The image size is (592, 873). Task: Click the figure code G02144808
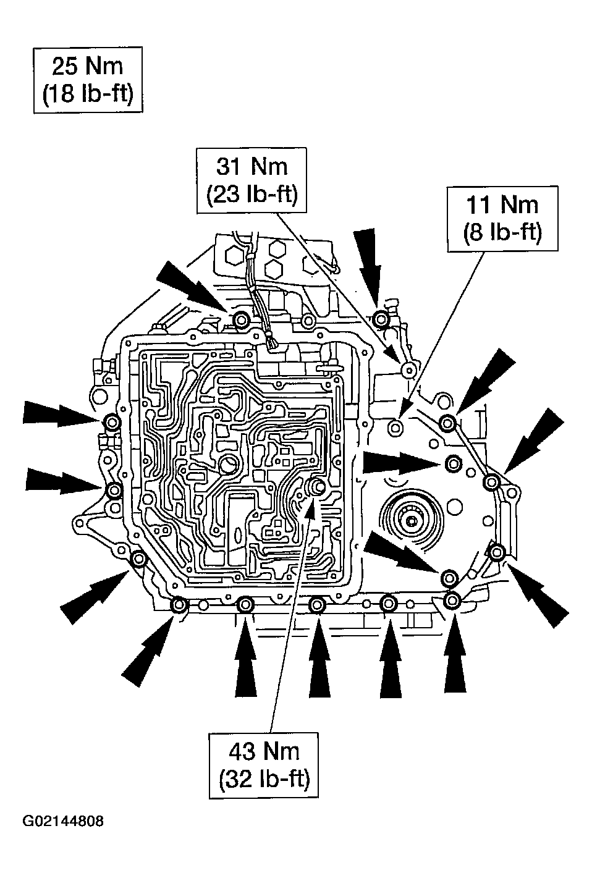point(63,822)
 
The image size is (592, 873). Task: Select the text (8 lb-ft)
point(502,233)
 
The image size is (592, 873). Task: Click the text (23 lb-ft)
point(252,195)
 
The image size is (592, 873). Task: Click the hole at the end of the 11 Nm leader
point(395,426)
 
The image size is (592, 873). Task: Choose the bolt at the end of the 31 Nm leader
point(408,370)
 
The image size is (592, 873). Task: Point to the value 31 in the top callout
point(230,167)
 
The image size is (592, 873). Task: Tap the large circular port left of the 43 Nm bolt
point(230,464)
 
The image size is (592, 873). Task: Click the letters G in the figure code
point(28,822)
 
